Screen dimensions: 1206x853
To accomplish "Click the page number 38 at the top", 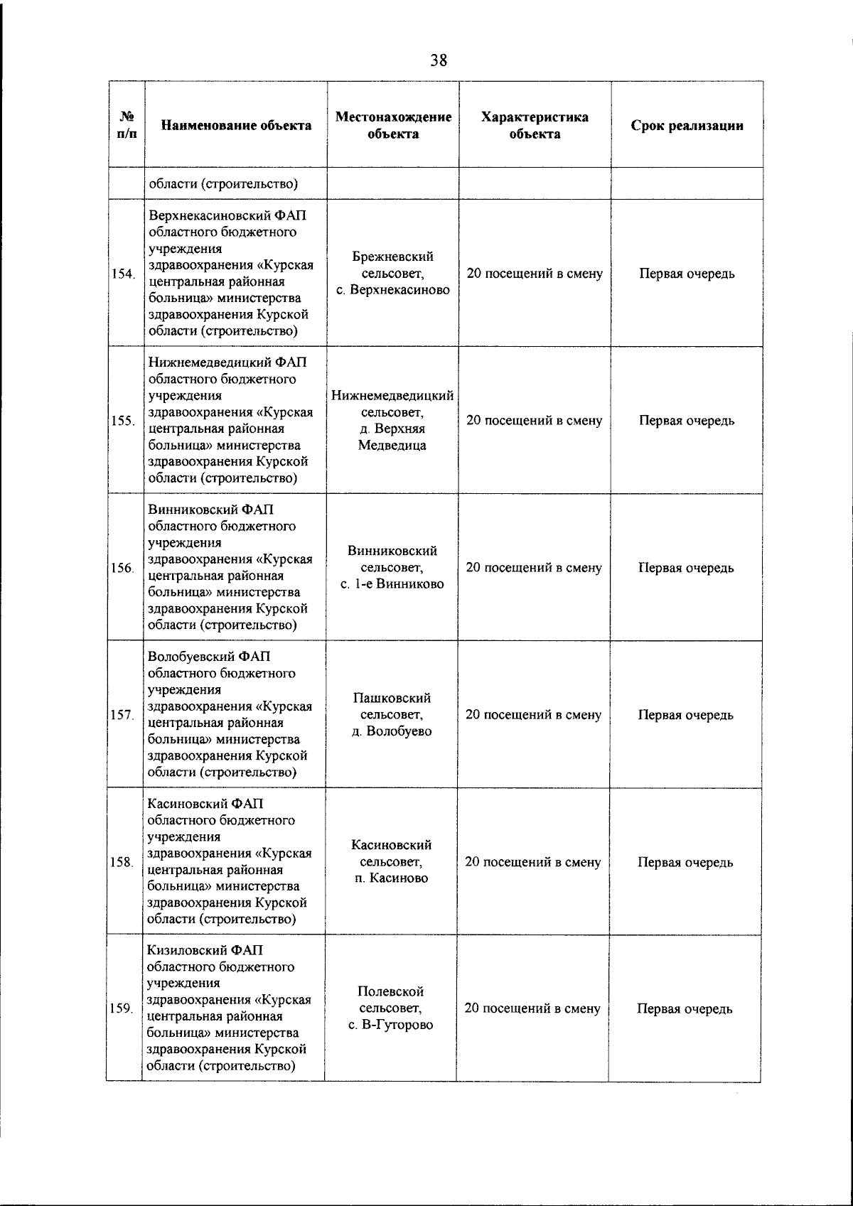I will coord(439,60).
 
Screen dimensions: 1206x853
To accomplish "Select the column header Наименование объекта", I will coord(236,126).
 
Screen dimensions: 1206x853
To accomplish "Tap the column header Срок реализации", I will coord(687,126).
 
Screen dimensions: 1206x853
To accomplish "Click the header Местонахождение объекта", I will coord(393,125).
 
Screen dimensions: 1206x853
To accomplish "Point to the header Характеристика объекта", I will coord(535,125).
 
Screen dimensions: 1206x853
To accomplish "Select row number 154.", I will coord(124,274).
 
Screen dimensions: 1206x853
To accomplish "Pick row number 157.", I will coord(123,716).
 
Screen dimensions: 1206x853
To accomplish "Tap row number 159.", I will coord(122,1009).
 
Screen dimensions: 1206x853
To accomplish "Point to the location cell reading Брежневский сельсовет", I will coord(393,264).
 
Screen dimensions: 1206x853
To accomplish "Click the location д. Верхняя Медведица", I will coord(392,437).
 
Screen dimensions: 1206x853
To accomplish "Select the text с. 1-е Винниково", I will coord(392,584).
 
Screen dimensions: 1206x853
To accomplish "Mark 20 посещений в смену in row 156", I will coord(534,568).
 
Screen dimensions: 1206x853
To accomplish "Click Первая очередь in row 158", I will coord(685,862).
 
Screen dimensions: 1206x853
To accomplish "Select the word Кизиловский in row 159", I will coord(187,951).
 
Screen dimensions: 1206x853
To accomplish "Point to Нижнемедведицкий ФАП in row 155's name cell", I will coord(227,362).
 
